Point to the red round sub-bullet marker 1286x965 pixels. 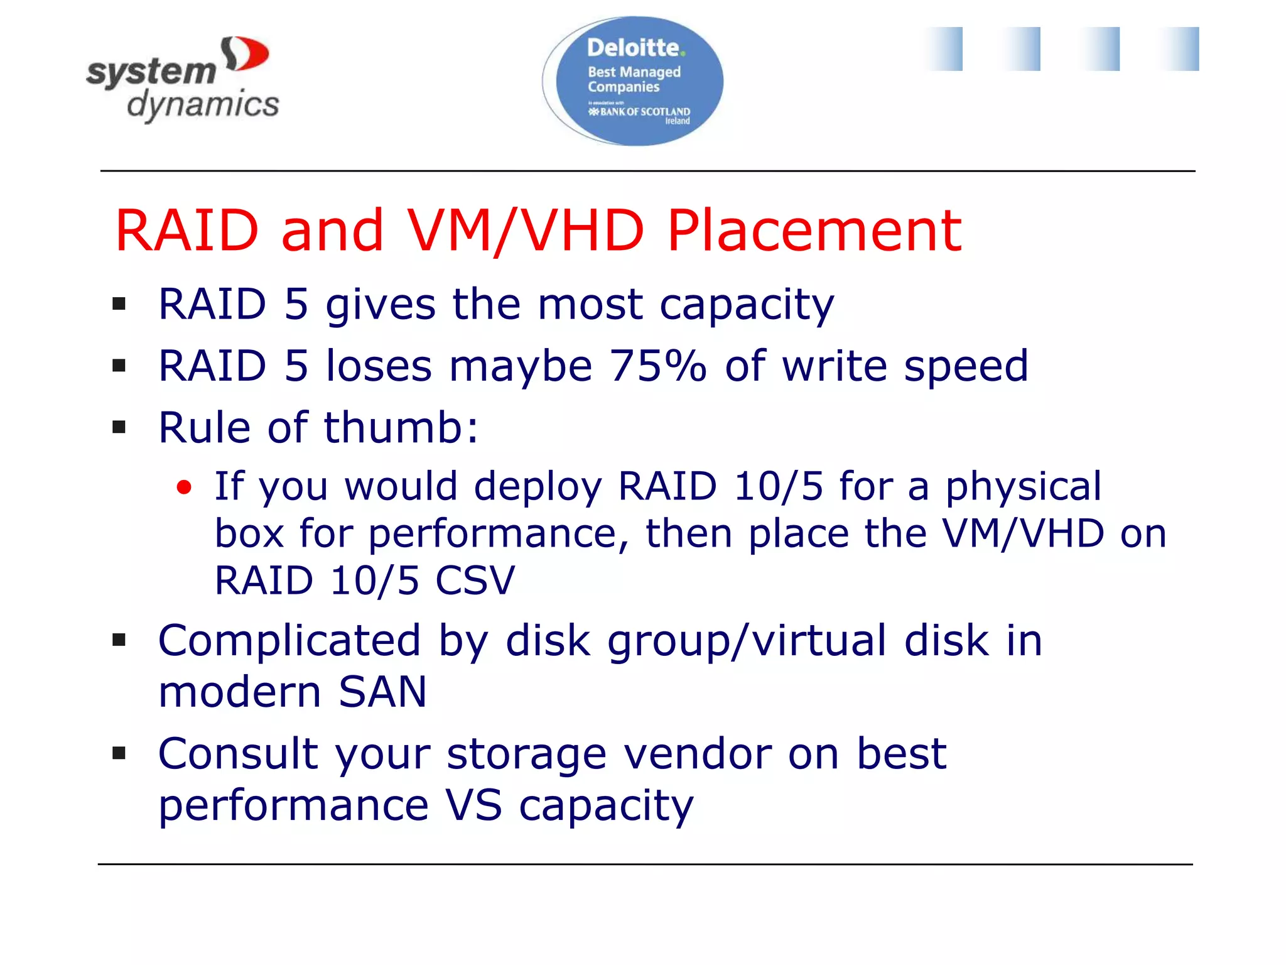(184, 488)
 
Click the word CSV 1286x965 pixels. (475, 581)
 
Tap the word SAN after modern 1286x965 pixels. (382, 692)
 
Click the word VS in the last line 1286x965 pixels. (474, 805)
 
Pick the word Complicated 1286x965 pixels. (289, 641)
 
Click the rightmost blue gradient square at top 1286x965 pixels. (1179, 49)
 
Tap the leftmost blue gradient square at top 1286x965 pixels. (943, 49)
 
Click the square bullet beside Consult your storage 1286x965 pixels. (119, 753)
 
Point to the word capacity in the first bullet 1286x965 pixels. (747, 305)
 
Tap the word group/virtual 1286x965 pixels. (747, 641)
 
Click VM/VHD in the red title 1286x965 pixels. (526, 231)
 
